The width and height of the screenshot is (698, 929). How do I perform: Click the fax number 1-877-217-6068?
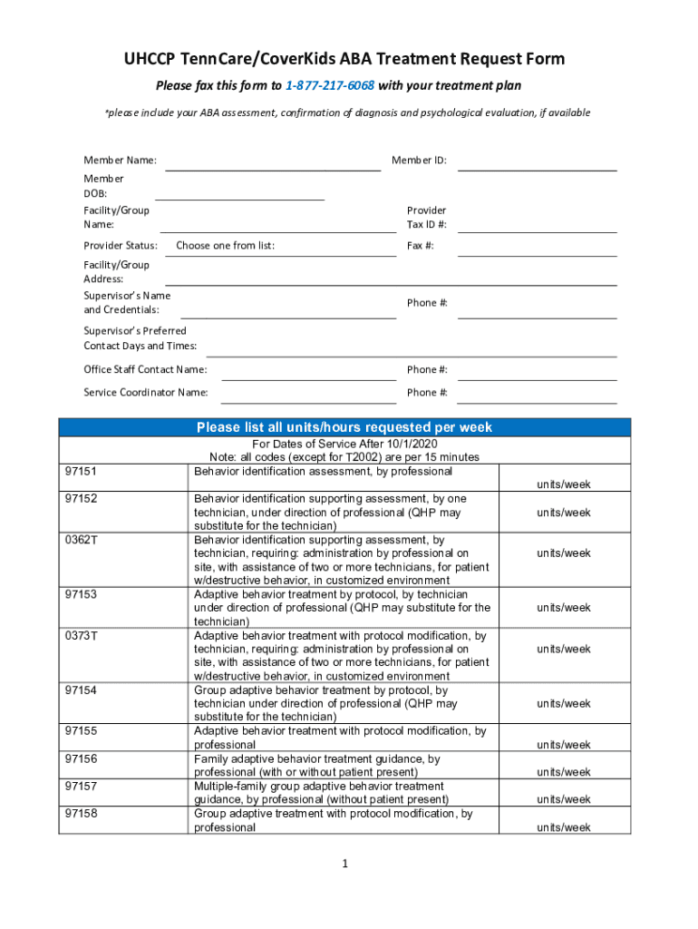click(x=329, y=85)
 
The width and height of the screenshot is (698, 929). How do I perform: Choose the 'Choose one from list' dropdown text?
click(x=225, y=246)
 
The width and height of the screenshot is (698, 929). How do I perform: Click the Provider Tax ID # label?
click(x=426, y=217)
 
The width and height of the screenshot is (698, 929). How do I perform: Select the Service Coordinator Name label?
click(x=146, y=393)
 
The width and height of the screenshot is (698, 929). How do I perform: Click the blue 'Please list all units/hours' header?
click(x=344, y=427)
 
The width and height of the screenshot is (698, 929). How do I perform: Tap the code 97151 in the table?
click(x=82, y=472)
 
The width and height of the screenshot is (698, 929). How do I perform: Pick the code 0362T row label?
click(x=82, y=540)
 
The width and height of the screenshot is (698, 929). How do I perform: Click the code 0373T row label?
click(x=82, y=636)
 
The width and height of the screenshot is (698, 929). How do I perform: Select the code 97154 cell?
click(x=82, y=690)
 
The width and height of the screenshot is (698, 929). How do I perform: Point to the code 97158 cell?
click(x=82, y=814)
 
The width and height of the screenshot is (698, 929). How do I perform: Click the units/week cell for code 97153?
click(x=563, y=608)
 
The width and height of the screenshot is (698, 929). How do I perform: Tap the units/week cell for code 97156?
click(x=563, y=772)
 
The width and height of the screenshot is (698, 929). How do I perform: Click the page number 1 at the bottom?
click(x=345, y=865)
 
